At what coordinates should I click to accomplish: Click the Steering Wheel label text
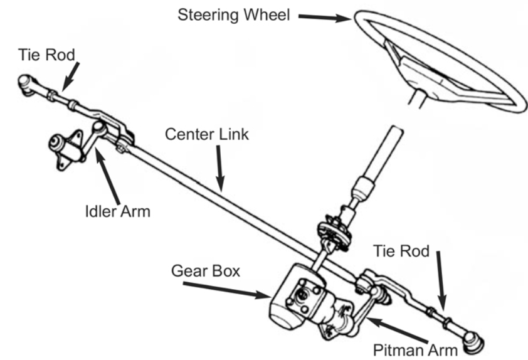click(234, 15)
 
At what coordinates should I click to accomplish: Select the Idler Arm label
click(118, 211)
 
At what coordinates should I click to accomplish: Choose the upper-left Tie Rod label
click(46, 55)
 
